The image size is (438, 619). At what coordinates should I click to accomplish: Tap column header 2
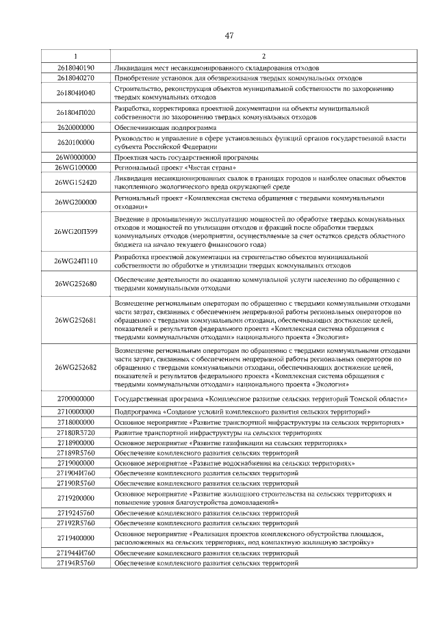[x=263, y=56]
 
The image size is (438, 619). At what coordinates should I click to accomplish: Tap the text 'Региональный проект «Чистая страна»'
[x=175, y=167]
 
